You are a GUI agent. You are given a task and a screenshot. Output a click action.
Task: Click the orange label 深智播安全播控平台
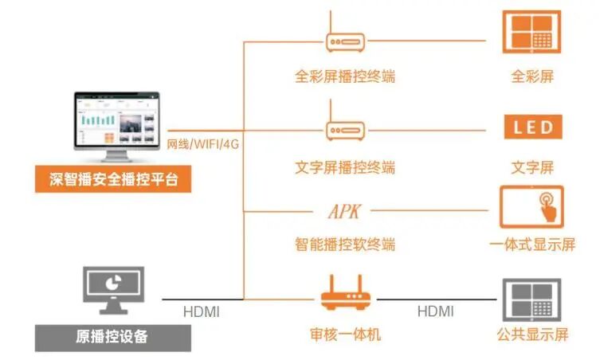pyautogui.click(x=113, y=179)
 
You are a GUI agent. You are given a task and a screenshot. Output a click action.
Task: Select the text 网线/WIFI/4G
pyautogui.click(x=203, y=145)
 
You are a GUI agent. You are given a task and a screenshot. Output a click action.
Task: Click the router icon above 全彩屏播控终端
pyautogui.click(x=345, y=40)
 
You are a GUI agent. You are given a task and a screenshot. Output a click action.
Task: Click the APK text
pyautogui.click(x=345, y=212)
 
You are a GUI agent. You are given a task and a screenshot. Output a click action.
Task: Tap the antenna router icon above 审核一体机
pyautogui.click(x=345, y=295)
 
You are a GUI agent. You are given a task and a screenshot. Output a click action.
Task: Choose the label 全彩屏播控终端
pyautogui.click(x=345, y=77)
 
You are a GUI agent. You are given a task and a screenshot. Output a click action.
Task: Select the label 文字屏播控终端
pyautogui.click(x=345, y=167)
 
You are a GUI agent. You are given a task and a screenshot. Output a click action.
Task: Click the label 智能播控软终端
pyautogui.click(x=345, y=244)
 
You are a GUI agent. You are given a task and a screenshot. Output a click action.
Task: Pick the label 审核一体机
pyautogui.click(x=345, y=334)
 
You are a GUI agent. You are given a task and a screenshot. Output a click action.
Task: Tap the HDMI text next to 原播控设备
pyautogui.click(x=202, y=311)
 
